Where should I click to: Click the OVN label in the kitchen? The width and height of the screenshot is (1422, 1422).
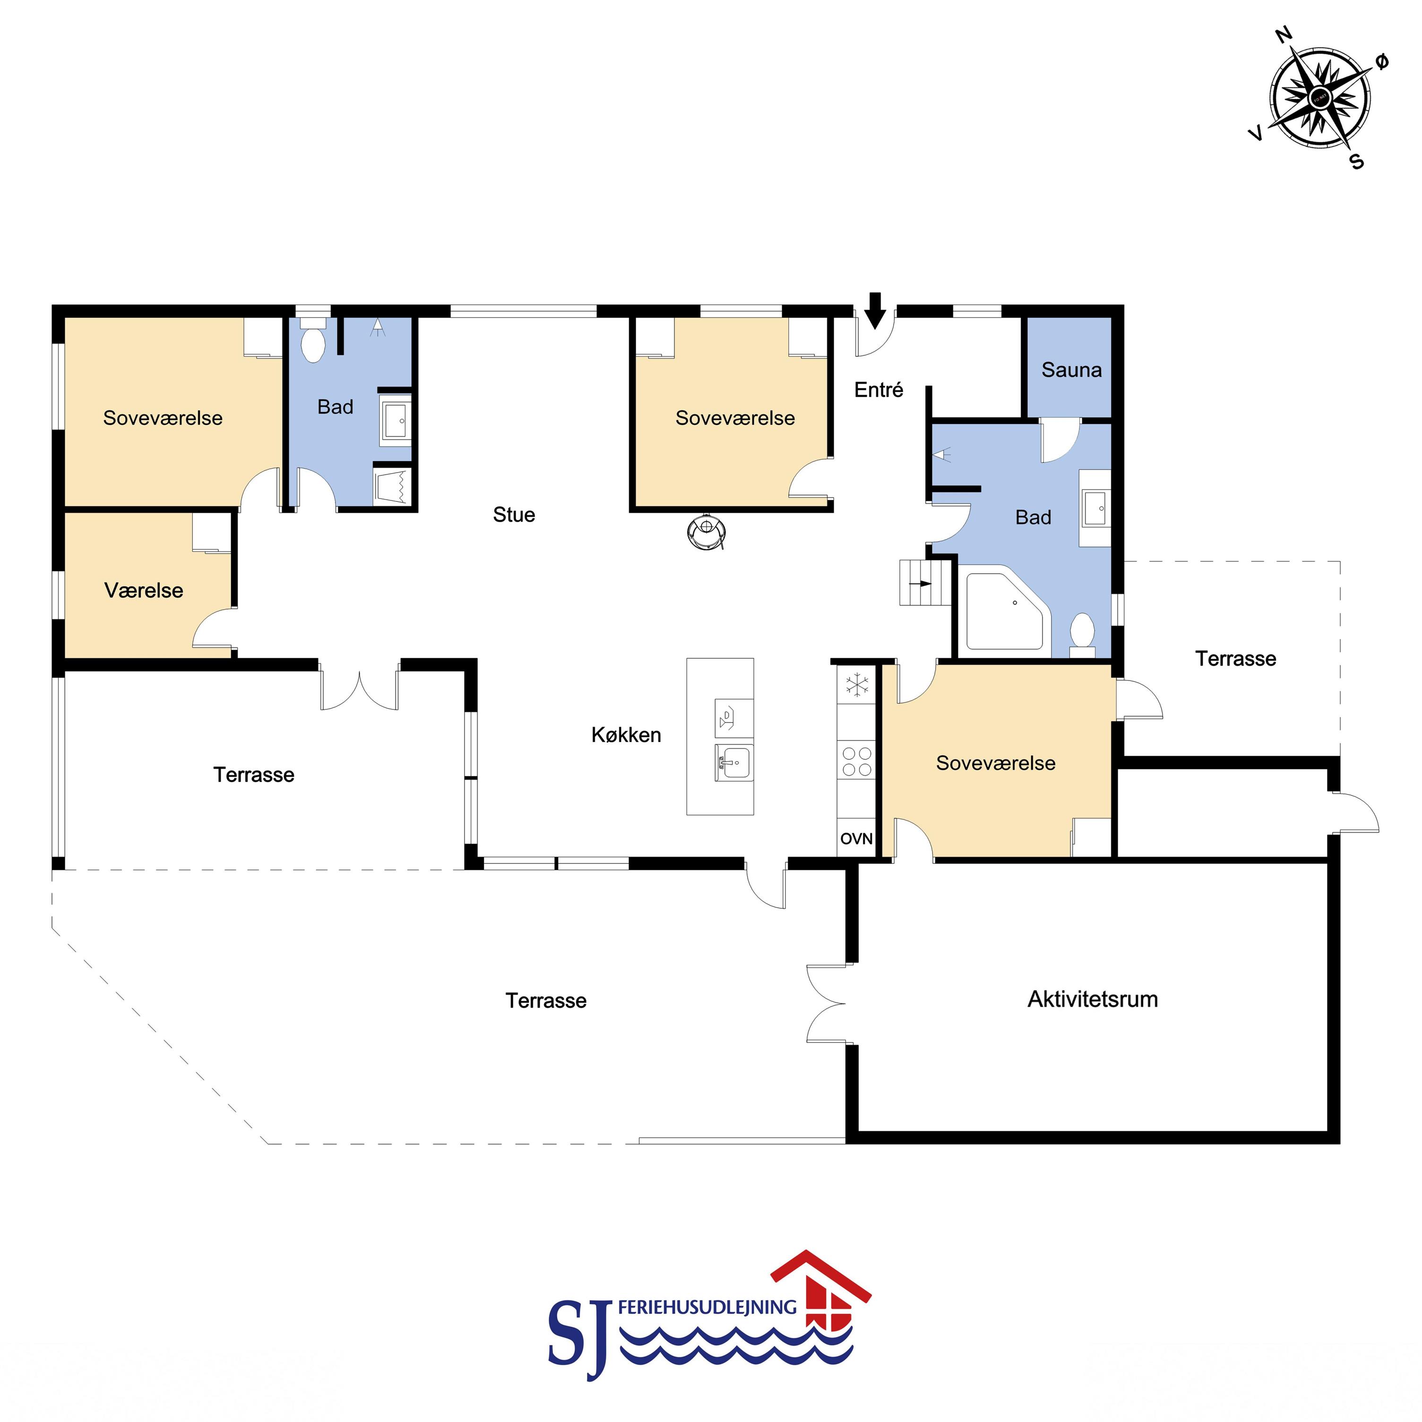pos(856,838)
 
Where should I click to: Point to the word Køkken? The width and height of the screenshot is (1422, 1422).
pos(626,734)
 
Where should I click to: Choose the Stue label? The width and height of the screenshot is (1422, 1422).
pos(514,515)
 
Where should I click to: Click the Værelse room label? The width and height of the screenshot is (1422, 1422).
pos(144,590)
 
